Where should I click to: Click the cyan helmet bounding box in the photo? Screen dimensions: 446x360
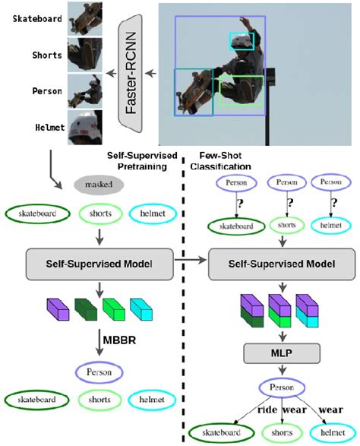[x=242, y=40]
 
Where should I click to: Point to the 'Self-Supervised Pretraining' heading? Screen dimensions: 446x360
[x=143, y=160]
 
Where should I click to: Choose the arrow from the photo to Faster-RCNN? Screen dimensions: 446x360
[x=152, y=74]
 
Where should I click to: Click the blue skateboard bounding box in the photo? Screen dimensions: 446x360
[x=194, y=93]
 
